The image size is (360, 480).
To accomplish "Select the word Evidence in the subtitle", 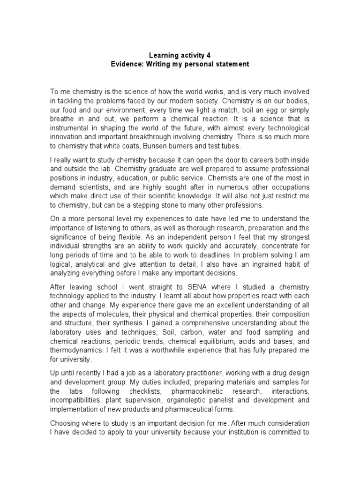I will [x=127, y=64].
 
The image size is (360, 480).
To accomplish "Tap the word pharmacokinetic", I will [x=197, y=391].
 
